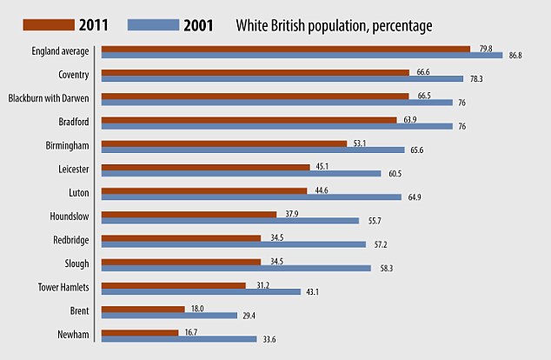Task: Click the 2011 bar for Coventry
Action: [x=256, y=72]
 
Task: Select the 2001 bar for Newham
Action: [x=179, y=339]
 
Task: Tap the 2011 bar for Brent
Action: [x=143, y=308]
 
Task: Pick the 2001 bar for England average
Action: [x=302, y=56]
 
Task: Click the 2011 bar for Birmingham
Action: [x=224, y=143]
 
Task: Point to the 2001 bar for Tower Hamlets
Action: [x=201, y=291]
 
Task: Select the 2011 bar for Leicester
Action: [x=206, y=166]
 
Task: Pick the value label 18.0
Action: [x=197, y=308]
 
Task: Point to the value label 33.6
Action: [x=270, y=339]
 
